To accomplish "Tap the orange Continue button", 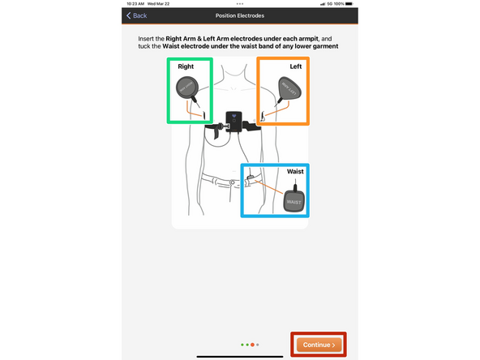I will coord(319,345).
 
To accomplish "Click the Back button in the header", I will coord(136,15).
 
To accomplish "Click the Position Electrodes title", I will coord(240,15).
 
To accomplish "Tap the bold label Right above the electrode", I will coord(186,66).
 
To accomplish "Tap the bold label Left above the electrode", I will coord(295,66).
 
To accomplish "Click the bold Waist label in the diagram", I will coord(296,172).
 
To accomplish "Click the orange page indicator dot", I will coord(253,345).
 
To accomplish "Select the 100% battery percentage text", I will coord(338,3).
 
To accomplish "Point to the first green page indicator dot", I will coord(242,345).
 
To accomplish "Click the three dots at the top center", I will coord(240,4).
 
